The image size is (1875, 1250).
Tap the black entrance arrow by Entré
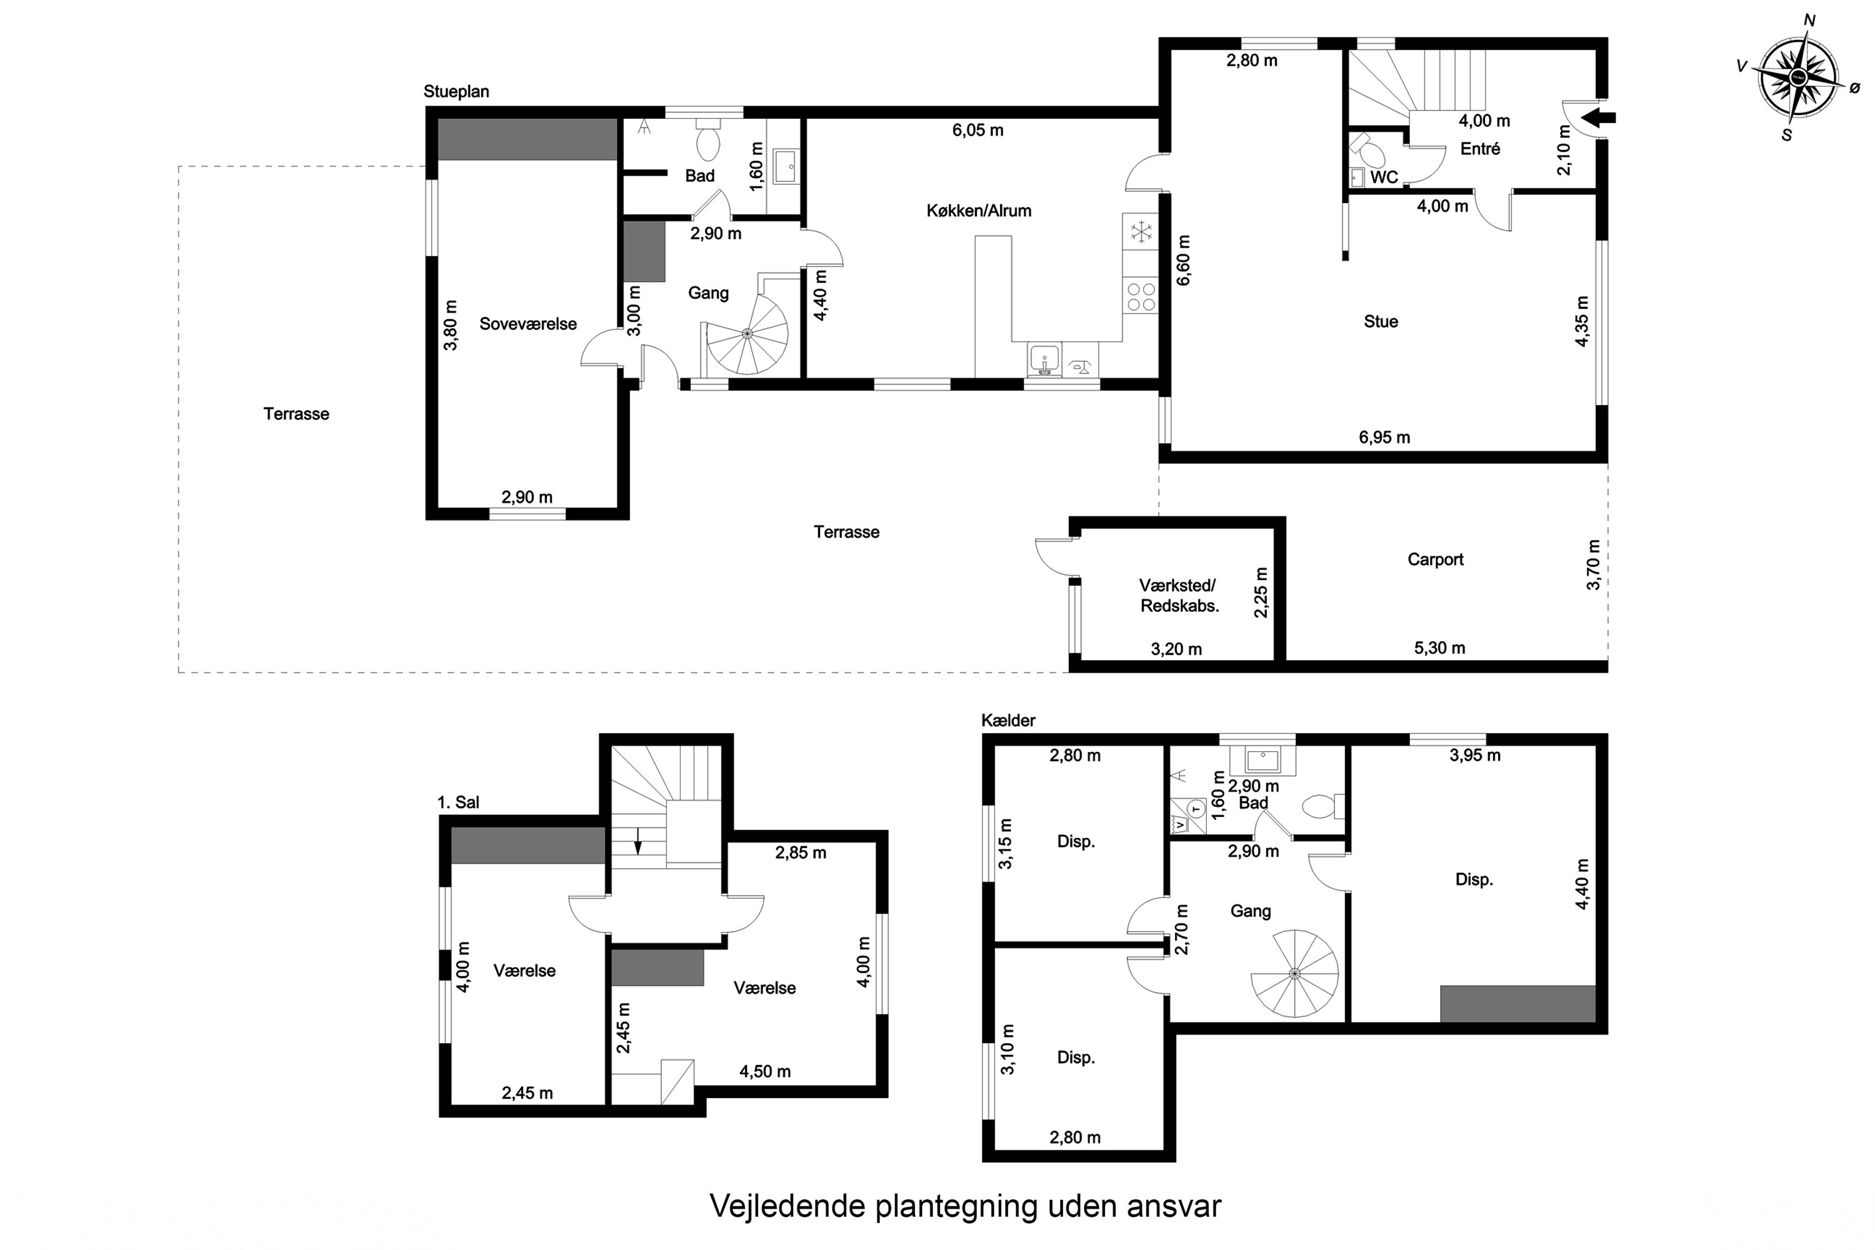(1598, 118)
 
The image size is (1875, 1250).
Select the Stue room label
(1381, 321)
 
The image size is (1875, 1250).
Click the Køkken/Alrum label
(979, 211)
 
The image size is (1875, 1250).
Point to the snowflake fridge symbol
(1141, 231)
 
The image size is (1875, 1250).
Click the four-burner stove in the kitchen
(1141, 296)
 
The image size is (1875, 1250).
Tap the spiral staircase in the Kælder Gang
(1294, 973)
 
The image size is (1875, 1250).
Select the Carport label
(1435, 559)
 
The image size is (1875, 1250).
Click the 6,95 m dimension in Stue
(1384, 437)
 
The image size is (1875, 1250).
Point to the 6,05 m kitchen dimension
(977, 130)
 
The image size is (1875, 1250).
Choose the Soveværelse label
(527, 324)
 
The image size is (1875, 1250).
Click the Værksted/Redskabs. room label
(1178, 596)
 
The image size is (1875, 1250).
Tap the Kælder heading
(1007, 721)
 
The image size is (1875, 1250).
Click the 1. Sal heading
(458, 802)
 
